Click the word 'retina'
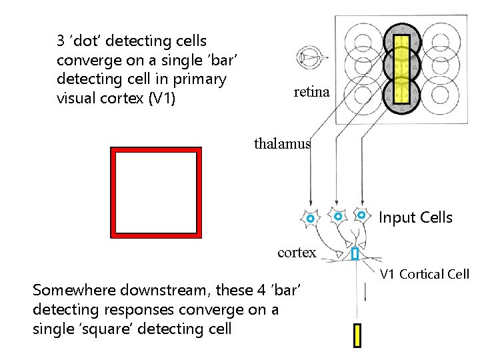[311, 92]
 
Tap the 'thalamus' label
[282, 143]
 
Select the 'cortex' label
[297, 252]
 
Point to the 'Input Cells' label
[415, 217]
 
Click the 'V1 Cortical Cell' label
[425, 274]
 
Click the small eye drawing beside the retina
[309, 57]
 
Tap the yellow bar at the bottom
[357, 335]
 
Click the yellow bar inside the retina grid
[401, 69]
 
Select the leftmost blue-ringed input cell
[310, 219]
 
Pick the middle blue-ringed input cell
[338, 217]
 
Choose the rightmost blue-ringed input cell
[361, 215]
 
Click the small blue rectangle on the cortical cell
[355, 254]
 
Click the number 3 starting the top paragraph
[61, 41]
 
